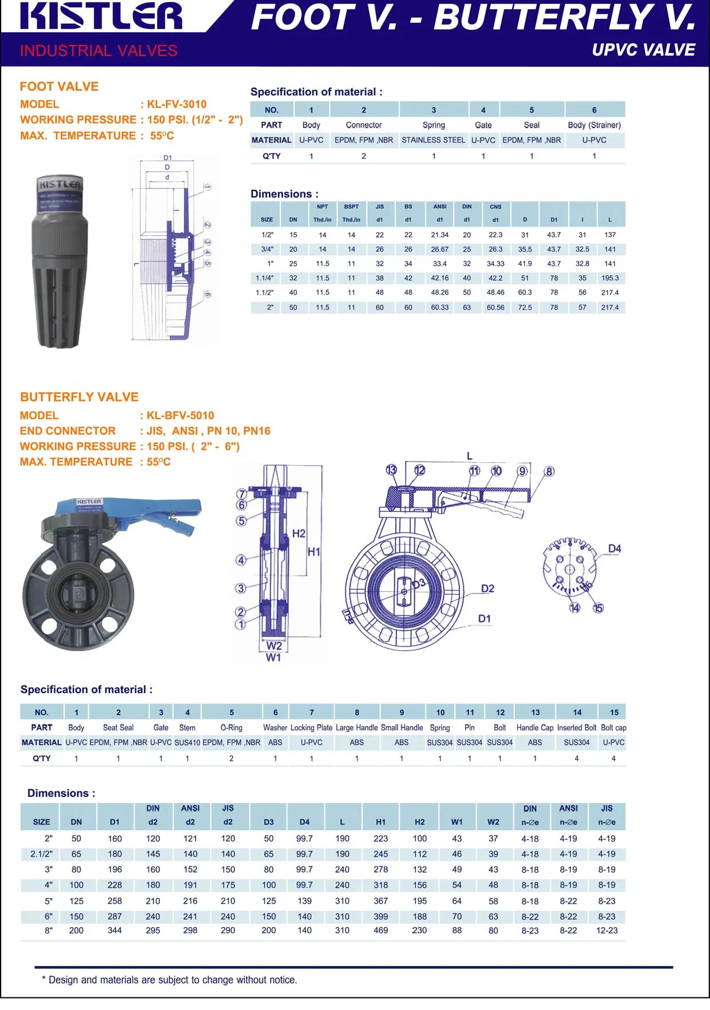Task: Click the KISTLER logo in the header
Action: (x=101, y=16)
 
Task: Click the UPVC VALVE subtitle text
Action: (x=643, y=50)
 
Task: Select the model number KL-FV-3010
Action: (x=177, y=104)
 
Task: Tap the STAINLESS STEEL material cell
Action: (x=433, y=140)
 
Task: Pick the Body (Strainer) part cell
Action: (x=594, y=125)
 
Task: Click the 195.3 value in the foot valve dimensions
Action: (x=610, y=278)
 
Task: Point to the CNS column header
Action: (x=495, y=206)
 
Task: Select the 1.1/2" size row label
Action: (x=264, y=292)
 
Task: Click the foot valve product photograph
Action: (x=60, y=261)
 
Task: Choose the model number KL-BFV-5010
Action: (x=180, y=415)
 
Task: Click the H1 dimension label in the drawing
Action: (x=314, y=552)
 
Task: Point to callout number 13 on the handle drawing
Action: (x=391, y=470)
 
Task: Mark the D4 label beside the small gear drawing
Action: (x=614, y=548)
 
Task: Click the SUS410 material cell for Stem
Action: (x=187, y=742)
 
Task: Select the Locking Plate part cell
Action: (x=311, y=727)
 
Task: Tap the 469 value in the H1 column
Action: (x=380, y=931)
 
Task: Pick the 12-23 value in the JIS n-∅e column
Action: (x=606, y=931)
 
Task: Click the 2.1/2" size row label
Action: (x=41, y=854)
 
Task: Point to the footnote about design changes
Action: (x=169, y=980)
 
